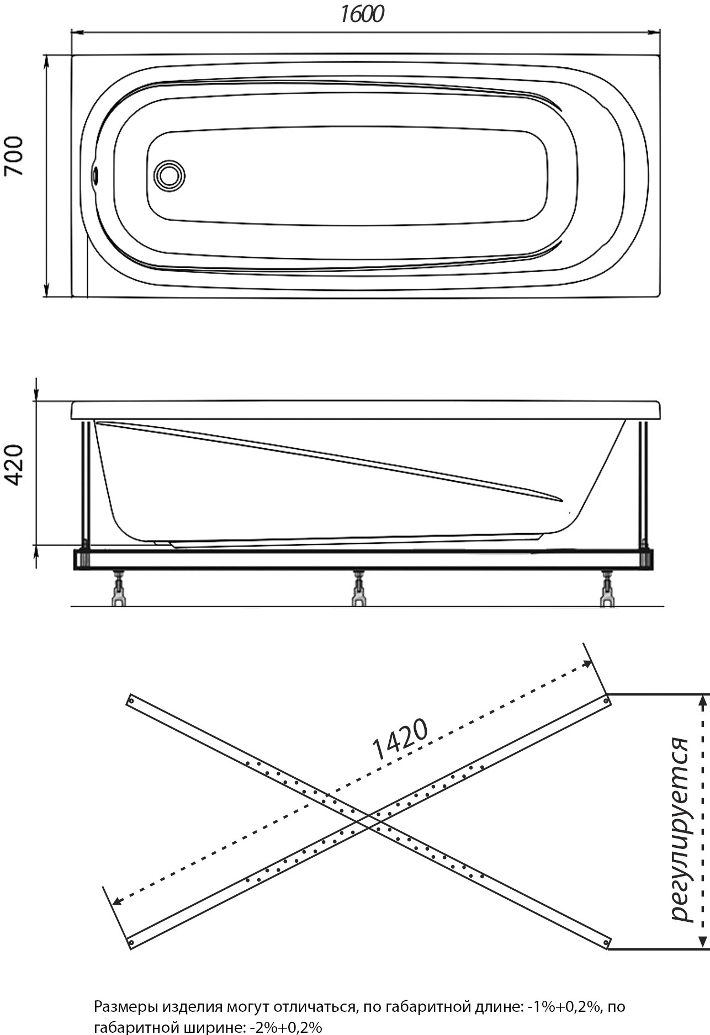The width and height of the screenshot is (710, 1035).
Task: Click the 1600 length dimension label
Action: [362, 14]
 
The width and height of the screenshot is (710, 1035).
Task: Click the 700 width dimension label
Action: [15, 156]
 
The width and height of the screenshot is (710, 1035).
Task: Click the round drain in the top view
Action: [169, 176]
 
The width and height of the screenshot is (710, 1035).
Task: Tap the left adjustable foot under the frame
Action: [119, 588]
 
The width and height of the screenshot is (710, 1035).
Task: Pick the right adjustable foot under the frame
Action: [607, 588]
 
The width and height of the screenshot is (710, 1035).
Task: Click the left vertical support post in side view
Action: [86, 484]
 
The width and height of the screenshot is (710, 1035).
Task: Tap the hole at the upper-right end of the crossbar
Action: [606, 701]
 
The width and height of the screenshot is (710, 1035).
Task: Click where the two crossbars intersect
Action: [368, 821]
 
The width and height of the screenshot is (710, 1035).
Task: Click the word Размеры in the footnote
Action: [125, 992]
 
